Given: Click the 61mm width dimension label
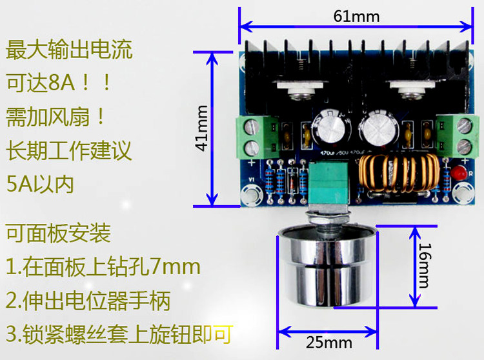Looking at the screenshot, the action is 356,16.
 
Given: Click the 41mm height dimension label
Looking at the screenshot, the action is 202,128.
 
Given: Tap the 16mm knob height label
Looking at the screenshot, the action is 424,266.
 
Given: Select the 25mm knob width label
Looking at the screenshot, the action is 329,343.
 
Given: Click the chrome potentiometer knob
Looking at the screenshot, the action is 327,266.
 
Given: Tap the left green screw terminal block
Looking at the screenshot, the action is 256,137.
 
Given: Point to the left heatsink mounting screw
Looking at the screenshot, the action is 302,94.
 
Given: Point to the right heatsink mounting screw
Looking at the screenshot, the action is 411,94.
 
